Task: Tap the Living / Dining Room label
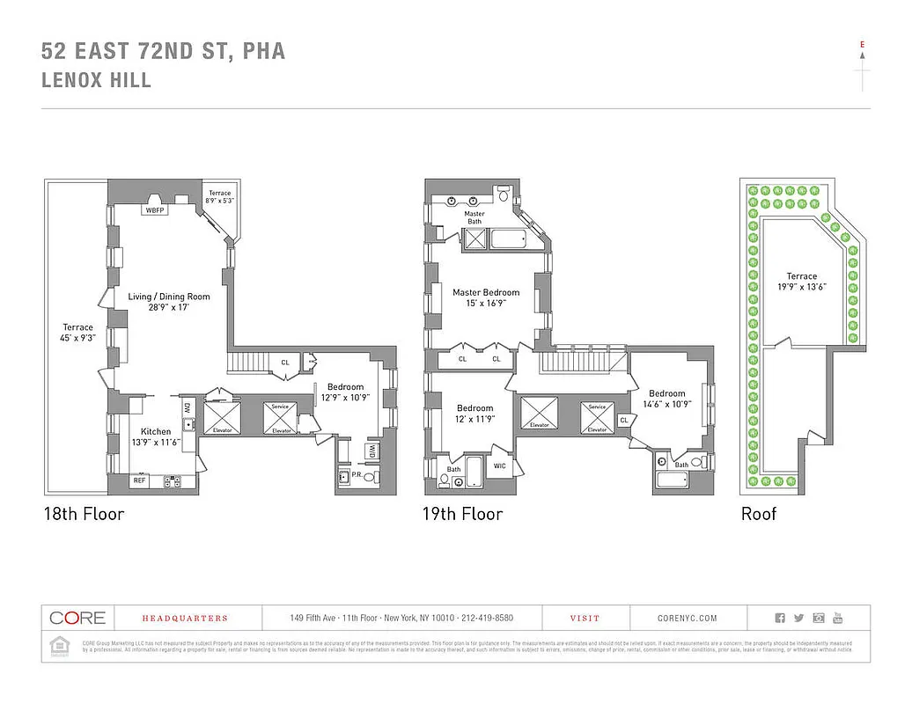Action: click(x=169, y=297)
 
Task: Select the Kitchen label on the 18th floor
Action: click(x=156, y=431)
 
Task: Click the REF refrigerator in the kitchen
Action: click(x=139, y=480)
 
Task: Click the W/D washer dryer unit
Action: click(x=371, y=451)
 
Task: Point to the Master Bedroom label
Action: click(x=486, y=292)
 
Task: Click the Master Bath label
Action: click(x=474, y=217)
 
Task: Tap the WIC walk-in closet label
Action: click(x=499, y=466)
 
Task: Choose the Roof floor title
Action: click(x=759, y=514)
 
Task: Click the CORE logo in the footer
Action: click(x=77, y=618)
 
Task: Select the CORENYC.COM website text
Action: click(x=687, y=619)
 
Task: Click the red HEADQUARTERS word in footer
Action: click(x=173, y=619)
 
